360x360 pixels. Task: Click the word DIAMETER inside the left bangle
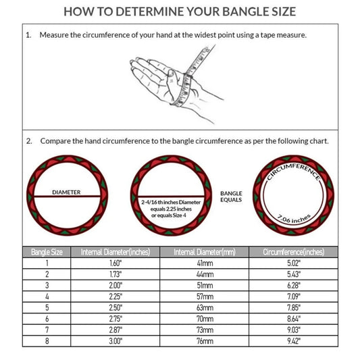[66, 192]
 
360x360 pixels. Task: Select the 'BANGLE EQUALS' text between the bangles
[232, 197]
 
